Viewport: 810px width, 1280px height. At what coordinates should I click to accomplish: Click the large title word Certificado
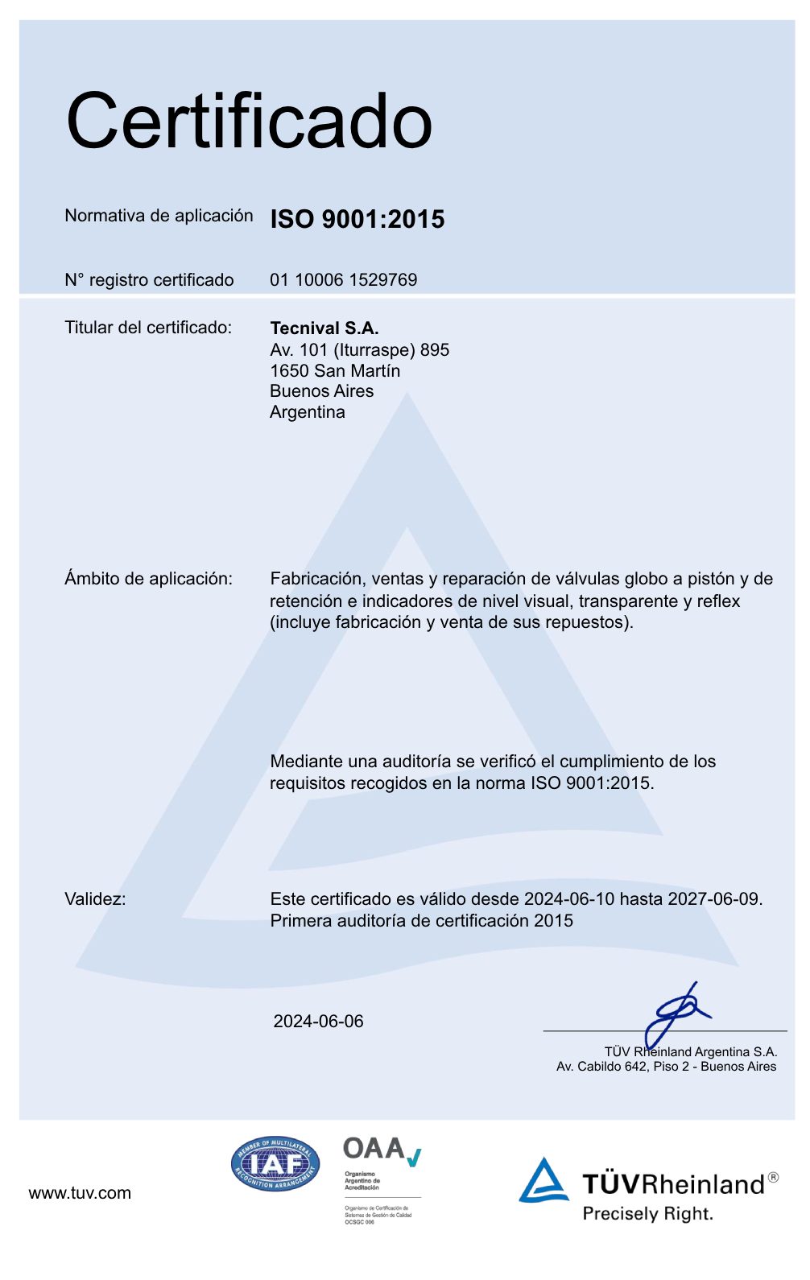pos(249,122)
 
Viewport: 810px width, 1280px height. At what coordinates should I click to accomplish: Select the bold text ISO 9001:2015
pos(357,219)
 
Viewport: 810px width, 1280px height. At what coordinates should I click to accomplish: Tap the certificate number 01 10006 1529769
pos(343,280)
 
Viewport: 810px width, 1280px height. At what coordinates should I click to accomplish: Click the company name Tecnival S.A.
pos(324,328)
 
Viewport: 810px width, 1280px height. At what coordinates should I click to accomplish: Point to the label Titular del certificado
pos(147,328)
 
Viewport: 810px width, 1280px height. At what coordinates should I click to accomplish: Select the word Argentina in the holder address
pos(307,412)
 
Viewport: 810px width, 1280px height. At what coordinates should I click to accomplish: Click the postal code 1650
pos(289,371)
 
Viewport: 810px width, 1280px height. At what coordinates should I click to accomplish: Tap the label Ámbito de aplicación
pos(148,579)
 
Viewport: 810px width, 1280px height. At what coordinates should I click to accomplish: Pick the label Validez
pos(95,899)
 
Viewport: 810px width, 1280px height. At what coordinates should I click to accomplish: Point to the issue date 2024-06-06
pos(318,1022)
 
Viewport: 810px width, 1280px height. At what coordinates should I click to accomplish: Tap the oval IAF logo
pos(275,1164)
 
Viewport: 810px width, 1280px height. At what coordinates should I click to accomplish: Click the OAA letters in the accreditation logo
pos(374,1148)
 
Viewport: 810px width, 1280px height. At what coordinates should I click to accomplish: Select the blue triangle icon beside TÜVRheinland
pos(543,1180)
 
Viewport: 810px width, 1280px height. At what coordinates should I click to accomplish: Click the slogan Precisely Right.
pos(647,1214)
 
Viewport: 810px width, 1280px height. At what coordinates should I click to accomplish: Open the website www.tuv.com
pos(80,1193)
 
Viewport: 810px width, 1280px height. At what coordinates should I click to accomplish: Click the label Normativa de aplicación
pos(159,216)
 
